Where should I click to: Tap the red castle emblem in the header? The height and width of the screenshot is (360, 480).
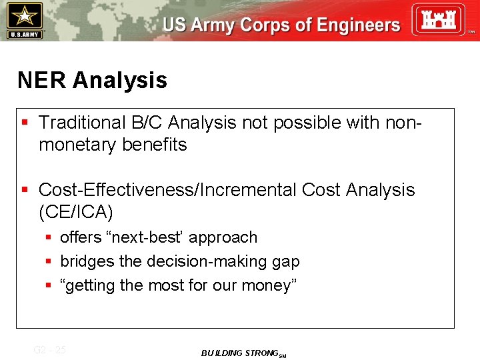(x=437, y=20)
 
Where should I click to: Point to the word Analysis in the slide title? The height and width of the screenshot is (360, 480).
(x=120, y=81)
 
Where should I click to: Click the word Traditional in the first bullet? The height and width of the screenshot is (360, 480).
(x=82, y=123)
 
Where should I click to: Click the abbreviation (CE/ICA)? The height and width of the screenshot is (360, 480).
(x=76, y=212)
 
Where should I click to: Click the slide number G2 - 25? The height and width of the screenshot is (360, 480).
(x=49, y=349)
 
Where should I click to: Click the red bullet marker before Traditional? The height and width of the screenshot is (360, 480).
(x=25, y=123)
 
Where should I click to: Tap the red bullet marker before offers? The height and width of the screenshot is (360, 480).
(x=49, y=237)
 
